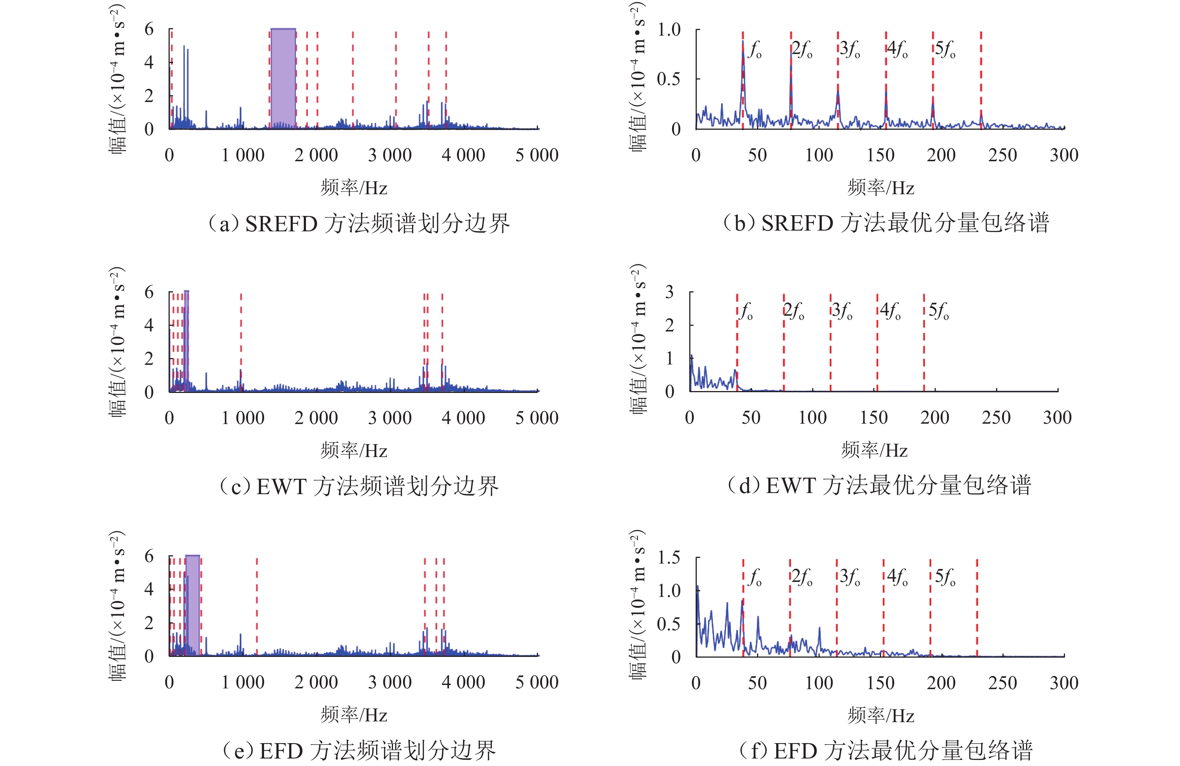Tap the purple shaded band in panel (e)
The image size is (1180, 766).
coord(193,605)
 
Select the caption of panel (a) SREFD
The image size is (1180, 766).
coord(358,224)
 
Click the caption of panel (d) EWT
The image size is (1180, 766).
coord(878,485)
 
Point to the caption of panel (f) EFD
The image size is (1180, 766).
coord(886,750)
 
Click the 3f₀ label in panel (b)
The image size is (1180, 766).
coord(850,49)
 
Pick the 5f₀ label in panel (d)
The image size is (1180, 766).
coord(938,312)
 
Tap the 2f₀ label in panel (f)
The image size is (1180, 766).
coord(801,577)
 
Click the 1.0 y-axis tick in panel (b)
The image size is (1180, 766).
coord(669,30)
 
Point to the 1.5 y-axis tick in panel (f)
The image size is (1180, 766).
coord(669,558)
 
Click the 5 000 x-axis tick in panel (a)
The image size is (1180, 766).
coord(536,155)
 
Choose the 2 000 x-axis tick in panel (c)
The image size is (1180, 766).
coord(316,418)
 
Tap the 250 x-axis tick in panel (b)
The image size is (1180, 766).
coord(1002,155)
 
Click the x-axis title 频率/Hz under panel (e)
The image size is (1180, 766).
coord(354,715)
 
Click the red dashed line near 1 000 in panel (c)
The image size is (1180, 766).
coord(241,342)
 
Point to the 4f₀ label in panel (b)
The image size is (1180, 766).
coord(898,49)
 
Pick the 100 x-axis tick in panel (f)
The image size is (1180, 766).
coord(819,683)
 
